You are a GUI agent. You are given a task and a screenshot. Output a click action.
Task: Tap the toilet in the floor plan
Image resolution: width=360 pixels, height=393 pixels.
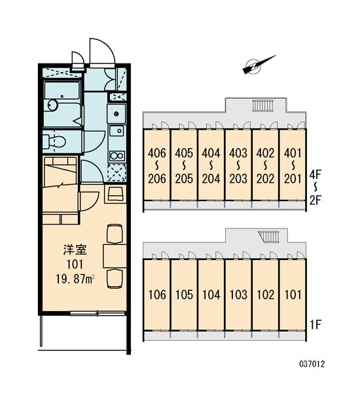(54, 141)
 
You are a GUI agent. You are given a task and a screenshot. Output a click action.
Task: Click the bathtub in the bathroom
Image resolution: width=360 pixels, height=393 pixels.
(62, 103)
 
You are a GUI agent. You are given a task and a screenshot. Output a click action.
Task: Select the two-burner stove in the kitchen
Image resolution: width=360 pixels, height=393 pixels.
(117, 156)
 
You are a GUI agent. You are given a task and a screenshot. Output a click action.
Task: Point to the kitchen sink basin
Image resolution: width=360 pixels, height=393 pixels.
(117, 131)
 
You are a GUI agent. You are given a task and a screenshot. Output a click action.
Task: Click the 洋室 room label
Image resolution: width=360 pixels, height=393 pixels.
(75, 250)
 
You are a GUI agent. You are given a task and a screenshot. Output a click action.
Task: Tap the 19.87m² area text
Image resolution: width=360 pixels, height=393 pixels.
(75, 279)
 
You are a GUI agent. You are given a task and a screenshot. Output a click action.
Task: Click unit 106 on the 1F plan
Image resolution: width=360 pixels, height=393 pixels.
(157, 295)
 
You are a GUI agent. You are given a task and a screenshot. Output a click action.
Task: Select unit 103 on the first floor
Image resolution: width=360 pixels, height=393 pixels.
(238, 295)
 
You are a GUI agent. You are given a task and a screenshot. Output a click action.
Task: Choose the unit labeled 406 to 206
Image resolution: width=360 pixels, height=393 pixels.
(157, 166)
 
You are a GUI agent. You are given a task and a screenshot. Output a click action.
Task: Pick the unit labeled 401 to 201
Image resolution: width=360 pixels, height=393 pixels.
(293, 166)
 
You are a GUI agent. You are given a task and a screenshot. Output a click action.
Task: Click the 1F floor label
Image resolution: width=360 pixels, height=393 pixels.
(315, 325)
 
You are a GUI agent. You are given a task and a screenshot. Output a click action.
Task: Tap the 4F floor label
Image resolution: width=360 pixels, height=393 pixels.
(315, 175)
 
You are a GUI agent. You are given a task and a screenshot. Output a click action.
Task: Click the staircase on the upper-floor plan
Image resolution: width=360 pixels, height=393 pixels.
(262, 105)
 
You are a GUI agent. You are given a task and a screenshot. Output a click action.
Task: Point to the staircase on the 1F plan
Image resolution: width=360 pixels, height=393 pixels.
(268, 236)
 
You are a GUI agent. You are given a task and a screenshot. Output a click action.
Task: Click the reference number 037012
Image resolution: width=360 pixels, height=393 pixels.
(312, 364)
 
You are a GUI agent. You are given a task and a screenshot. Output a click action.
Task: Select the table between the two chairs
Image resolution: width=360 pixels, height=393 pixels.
(115, 256)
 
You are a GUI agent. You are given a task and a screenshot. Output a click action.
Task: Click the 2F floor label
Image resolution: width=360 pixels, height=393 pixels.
(315, 200)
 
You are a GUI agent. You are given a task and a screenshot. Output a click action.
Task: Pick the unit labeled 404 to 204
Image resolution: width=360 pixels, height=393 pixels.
(211, 166)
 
